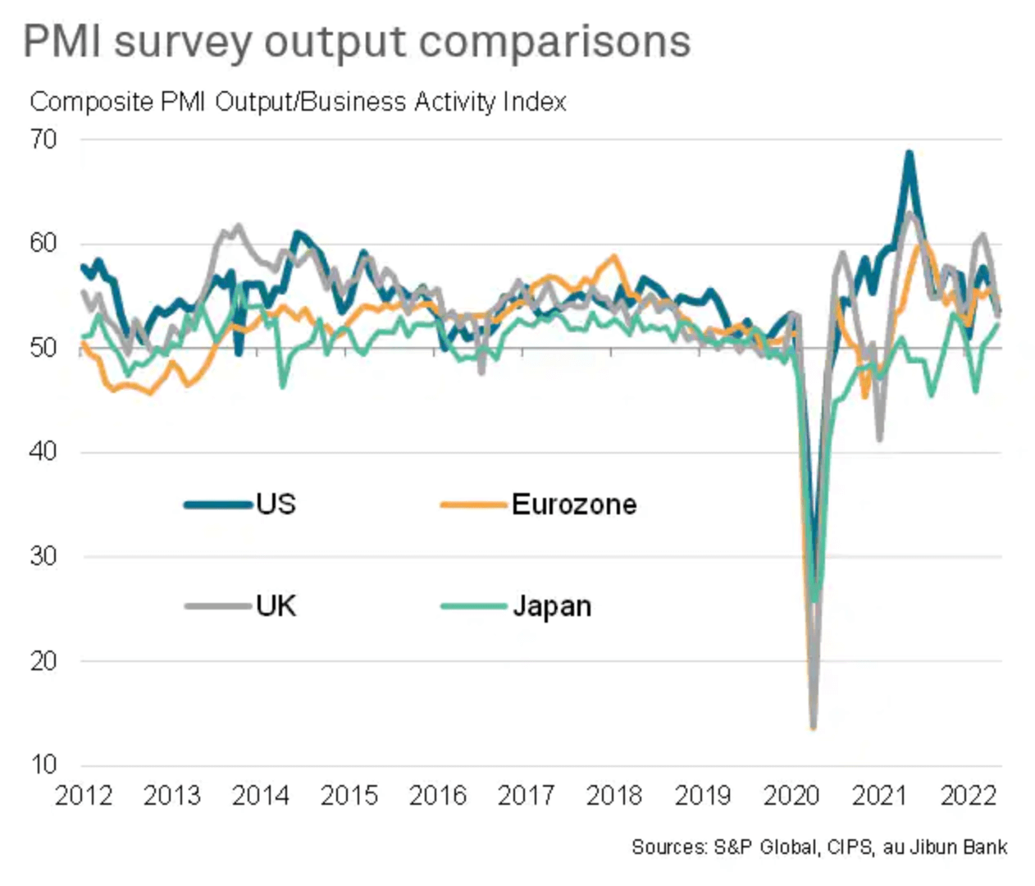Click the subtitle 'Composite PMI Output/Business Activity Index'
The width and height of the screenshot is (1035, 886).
(298, 102)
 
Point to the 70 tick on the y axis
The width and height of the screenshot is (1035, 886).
(43, 139)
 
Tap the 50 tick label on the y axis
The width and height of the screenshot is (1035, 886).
(43, 348)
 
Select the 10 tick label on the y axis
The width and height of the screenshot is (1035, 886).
(43, 765)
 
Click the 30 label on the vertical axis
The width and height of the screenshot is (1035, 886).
(43, 556)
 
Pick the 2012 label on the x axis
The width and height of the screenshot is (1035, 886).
(83, 795)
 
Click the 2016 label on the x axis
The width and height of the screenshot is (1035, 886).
(437, 795)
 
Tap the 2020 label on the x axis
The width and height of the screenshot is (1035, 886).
(791, 795)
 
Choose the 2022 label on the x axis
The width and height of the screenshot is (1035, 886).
(968, 795)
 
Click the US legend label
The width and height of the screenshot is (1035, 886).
(276, 504)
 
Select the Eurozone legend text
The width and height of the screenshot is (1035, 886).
(574, 504)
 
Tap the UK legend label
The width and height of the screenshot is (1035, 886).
(276, 606)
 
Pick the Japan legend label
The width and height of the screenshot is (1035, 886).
(552, 606)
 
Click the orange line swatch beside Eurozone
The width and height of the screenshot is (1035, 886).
(473, 505)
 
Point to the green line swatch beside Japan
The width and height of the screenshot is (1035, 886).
(473, 607)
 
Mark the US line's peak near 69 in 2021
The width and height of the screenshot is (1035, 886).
(909, 153)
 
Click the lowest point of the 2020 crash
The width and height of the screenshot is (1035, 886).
(813, 726)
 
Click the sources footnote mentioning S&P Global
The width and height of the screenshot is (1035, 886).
(818, 847)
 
